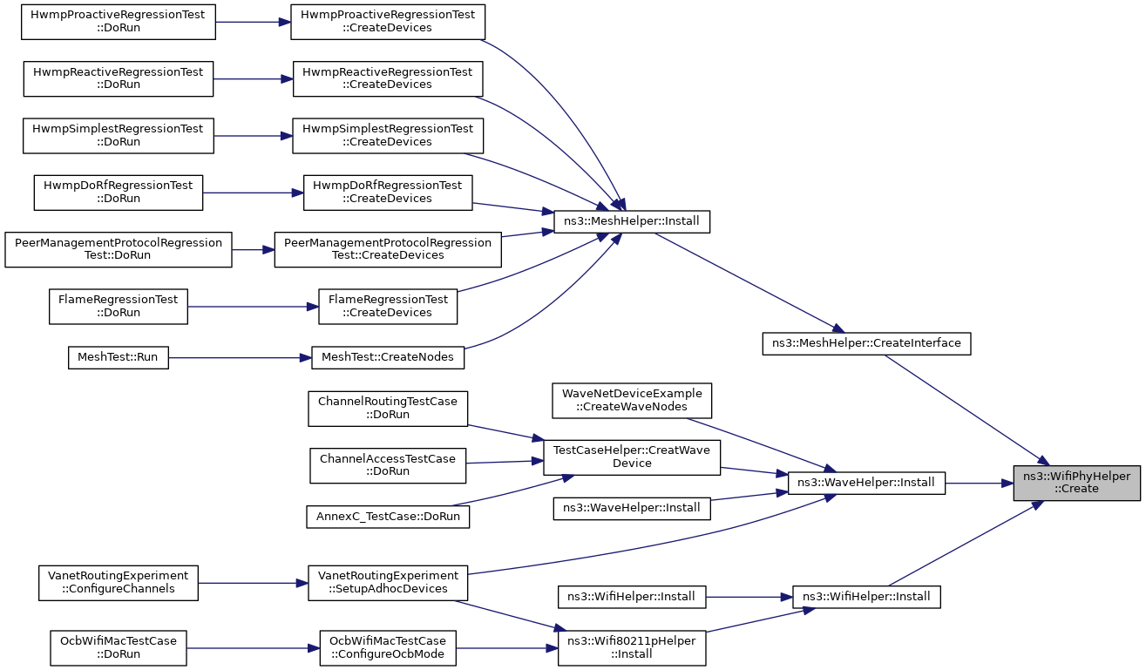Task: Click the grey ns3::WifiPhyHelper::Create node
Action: (x=1077, y=483)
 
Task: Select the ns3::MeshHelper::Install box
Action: (x=632, y=221)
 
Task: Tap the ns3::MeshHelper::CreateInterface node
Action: (x=866, y=343)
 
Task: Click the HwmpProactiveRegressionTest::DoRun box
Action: (x=119, y=22)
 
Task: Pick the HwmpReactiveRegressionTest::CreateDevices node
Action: (x=388, y=78)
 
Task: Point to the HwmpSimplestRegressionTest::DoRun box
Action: (x=119, y=136)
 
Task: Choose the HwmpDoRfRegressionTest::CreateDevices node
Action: (x=388, y=193)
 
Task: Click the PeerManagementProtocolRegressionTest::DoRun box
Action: (x=119, y=249)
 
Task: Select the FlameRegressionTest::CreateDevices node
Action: (x=388, y=307)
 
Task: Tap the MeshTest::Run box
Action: (x=119, y=357)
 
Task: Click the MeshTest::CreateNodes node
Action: (x=388, y=357)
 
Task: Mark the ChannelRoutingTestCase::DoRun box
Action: (x=388, y=409)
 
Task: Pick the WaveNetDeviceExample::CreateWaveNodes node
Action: (x=632, y=401)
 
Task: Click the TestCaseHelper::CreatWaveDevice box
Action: (x=632, y=457)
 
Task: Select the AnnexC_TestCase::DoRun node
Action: (x=388, y=517)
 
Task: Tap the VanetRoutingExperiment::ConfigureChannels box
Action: (x=119, y=583)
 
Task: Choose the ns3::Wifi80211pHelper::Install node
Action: (x=632, y=648)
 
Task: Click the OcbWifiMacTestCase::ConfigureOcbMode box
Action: (x=388, y=648)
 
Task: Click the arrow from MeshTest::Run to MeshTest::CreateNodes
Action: (x=240, y=357)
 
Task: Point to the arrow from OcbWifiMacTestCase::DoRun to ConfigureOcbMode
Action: (x=254, y=648)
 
